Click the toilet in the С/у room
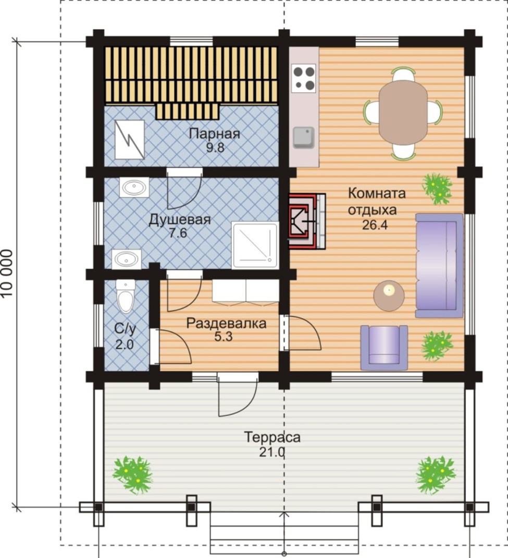click(126, 296)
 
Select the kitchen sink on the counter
click(304, 137)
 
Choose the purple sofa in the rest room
click(439, 265)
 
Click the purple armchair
click(384, 347)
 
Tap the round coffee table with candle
click(389, 296)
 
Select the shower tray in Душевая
click(254, 245)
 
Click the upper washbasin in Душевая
click(133, 187)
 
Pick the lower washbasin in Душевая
click(127, 259)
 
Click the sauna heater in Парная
click(130, 139)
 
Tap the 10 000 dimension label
click(7, 273)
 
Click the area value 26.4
click(375, 225)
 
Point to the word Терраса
click(272, 437)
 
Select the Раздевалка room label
click(226, 323)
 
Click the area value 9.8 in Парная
click(215, 147)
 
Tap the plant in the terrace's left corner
click(133, 475)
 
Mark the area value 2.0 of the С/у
click(125, 345)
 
